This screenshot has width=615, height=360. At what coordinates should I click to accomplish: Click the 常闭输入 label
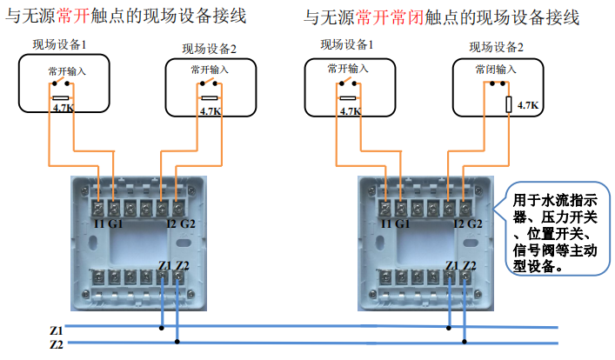pyautogui.click(x=497, y=69)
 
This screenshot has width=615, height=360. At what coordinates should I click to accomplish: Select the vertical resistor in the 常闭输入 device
pyautogui.click(x=510, y=104)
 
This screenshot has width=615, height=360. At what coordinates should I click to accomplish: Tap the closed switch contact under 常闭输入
pyautogui.click(x=497, y=84)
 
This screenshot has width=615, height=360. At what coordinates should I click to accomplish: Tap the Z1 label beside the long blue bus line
pyautogui.click(x=56, y=330)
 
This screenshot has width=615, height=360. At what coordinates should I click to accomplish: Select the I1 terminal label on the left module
pyautogui.click(x=99, y=223)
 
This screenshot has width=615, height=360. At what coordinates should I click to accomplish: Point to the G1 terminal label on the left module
pyautogui.click(x=117, y=223)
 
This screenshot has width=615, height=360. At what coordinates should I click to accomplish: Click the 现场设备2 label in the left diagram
pyautogui.click(x=209, y=50)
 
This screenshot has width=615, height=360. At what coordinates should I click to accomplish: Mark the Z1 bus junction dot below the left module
pyautogui.click(x=161, y=329)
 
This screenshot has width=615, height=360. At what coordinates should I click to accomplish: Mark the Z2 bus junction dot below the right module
pyautogui.click(x=465, y=342)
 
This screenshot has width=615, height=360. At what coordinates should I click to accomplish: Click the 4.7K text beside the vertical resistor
pyautogui.click(x=528, y=105)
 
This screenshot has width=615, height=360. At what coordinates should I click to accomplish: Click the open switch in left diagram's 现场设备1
pyautogui.click(x=60, y=83)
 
